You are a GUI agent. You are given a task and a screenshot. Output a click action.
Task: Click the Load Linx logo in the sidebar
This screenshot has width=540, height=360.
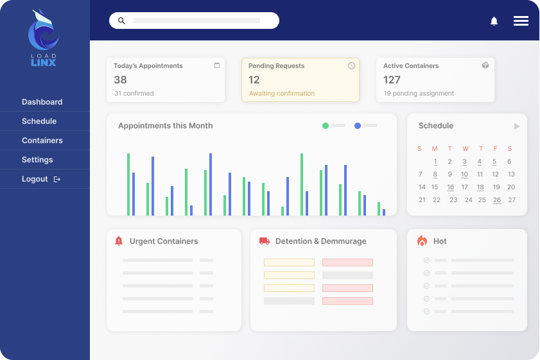[44, 38]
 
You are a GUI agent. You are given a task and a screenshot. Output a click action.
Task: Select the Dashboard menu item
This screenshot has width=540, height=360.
[42, 102]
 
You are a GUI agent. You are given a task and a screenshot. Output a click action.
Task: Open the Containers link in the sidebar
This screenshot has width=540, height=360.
[42, 141]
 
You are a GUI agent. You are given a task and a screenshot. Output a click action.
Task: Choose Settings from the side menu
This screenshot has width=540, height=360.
[37, 160]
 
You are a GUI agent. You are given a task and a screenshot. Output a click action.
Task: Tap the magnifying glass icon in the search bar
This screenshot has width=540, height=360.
[122, 21]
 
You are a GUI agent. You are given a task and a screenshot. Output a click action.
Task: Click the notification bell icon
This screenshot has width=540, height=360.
[494, 21]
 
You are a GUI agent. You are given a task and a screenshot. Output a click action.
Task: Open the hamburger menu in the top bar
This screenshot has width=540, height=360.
[521, 21]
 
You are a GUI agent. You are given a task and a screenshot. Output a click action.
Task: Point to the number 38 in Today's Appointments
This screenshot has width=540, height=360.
[120, 80]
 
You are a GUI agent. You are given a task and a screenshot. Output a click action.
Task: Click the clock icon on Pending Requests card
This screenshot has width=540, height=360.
[351, 65]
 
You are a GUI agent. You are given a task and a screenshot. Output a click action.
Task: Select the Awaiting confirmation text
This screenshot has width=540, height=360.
[281, 94]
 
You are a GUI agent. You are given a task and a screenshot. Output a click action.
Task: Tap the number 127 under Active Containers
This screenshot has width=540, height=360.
[392, 80]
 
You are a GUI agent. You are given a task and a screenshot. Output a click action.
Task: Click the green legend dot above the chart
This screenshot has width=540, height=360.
[326, 126]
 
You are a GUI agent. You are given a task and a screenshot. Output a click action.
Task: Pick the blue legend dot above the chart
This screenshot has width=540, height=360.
[358, 126]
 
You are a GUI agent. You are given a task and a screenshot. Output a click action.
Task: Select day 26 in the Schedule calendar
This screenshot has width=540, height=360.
[496, 200]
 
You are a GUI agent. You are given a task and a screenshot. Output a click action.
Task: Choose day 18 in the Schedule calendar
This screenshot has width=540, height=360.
[480, 187]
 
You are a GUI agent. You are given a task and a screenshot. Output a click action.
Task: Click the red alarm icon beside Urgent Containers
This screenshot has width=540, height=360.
[118, 241]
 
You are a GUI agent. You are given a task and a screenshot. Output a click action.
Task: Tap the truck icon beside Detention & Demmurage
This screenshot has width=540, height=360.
[264, 241]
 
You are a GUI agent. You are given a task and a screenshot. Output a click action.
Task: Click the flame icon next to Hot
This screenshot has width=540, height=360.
[422, 241]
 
